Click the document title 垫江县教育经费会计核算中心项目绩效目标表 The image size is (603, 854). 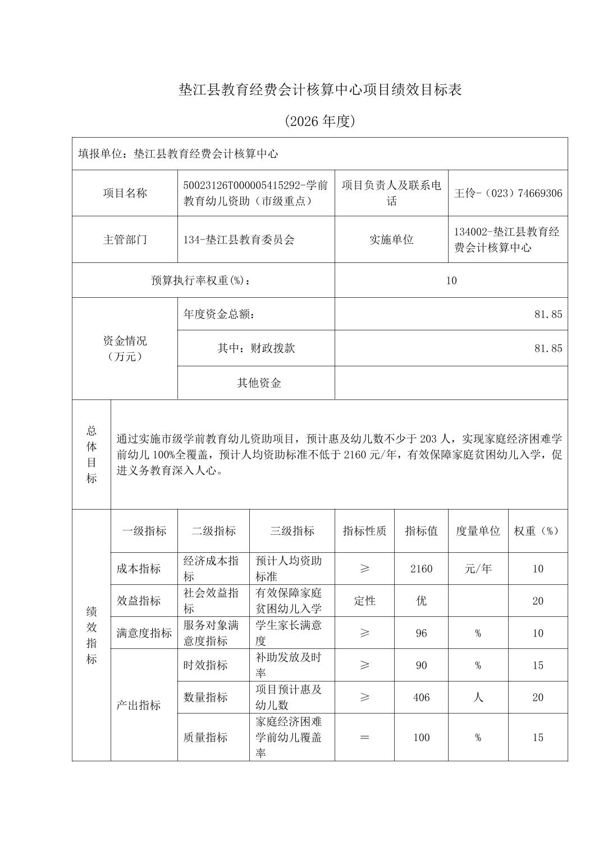[319, 90]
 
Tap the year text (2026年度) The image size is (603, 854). [319, 121]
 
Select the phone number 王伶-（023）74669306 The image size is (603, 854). [508, 193]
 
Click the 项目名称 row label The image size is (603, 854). [125, 193]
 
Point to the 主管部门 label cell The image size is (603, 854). [125, 239]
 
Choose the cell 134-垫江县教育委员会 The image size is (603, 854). [239, 240]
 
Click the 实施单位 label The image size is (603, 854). [391, 239]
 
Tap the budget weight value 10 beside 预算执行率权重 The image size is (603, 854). [451, 280]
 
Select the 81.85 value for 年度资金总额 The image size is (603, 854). [548, 314]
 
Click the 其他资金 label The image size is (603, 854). [259, 383]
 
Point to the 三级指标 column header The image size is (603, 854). [292, 531]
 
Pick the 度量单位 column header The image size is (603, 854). [478, 531]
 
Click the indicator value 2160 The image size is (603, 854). [421, 569]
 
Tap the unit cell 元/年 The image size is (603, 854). [478, 569]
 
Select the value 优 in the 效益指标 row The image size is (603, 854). [421, 601]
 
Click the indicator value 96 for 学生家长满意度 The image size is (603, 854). [421, 633]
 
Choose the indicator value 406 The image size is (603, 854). [421, 697]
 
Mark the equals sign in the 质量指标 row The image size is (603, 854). [364, 737]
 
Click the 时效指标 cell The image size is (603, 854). [205, 665]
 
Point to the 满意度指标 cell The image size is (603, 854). [144, 633]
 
